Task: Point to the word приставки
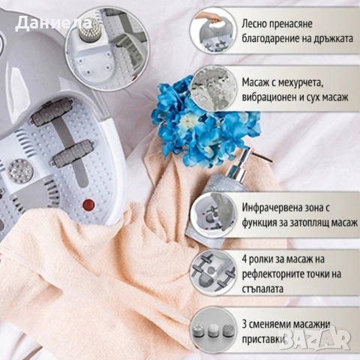[266, 338]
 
